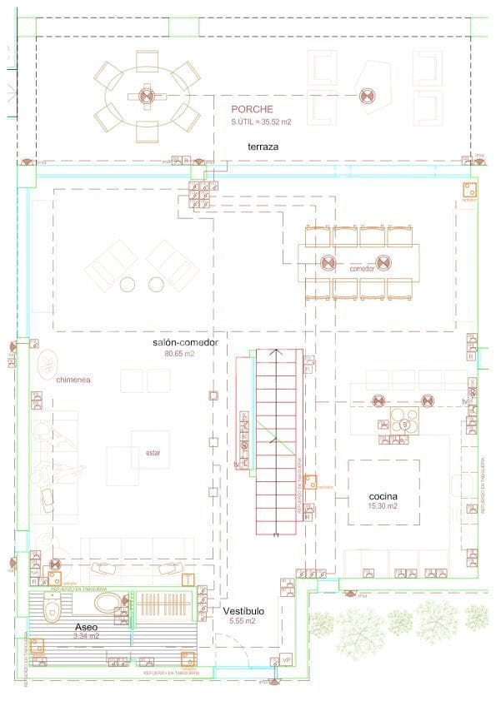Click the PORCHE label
pyautogui.click(x=252, y=109)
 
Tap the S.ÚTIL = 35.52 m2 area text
pyautogui.click(x=260, y=122)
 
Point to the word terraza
pyautogui.click(x=263, y=147)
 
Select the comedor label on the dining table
pyautogui.click(x=362, y=270)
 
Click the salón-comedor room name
pyautogui.click(x=185, y=343)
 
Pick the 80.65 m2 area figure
pyautogui.click(x=179, y=354)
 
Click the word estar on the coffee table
pyautogui.click(x=153, y=454)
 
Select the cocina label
pyautogui.click(x=383, y=496)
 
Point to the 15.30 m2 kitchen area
pyautogui.click(x=383, y=506)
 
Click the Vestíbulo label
pyautogui.click(x=243, y=611)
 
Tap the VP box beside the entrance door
pyautogui.click(x=287, y=659)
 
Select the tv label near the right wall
pyautogui.click(x=464, y=401)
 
